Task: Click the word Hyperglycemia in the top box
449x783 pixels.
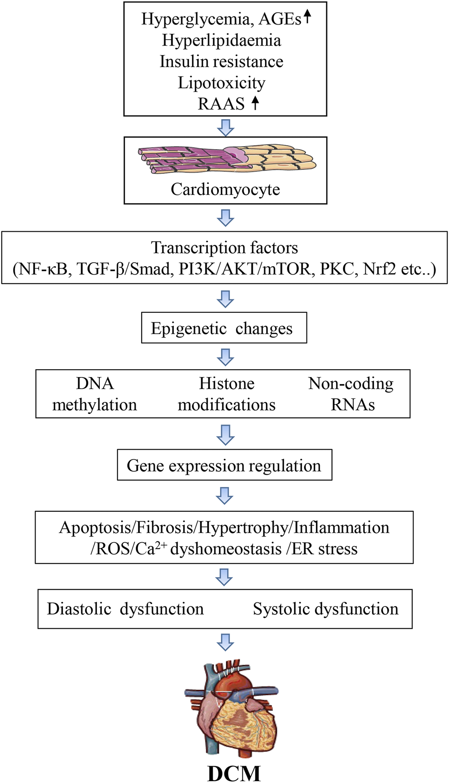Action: [x=194, y=19]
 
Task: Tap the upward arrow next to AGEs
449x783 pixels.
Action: [x=308, y=17]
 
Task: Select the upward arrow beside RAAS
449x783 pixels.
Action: [x=255, y=103]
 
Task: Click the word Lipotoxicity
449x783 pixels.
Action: [x=221, y=83]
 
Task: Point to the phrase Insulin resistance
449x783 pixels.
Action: [x=221, y=61]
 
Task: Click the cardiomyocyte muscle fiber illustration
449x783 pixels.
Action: [x=226, y=159]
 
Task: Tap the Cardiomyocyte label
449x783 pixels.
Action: [x=225, y=189]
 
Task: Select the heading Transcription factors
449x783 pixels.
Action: [x=224, y=248]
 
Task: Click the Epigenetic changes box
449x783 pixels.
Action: [x=224, y=328]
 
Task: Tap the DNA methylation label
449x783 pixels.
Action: [x=95, y=394]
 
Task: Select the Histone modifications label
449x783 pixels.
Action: [x=226, y=394]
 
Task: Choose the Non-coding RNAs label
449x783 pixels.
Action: [x=351, y=394]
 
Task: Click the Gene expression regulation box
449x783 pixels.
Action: [x=224, y=465]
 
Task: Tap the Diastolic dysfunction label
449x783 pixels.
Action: [x=125, y=609]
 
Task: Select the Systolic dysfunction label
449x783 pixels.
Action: [x=326, y=609]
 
